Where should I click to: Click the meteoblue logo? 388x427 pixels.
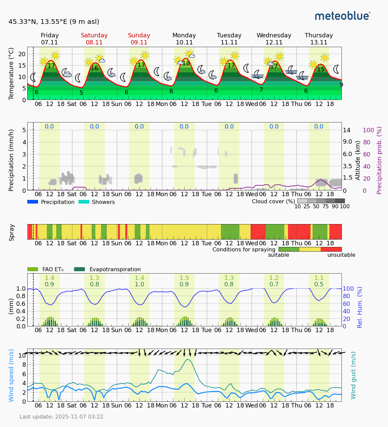[343, 16]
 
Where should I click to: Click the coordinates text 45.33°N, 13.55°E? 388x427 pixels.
[54, 22]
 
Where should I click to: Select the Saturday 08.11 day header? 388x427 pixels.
[94, 39]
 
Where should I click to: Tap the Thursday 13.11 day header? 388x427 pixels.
[319, 39]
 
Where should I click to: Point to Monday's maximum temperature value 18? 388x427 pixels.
[186, 63]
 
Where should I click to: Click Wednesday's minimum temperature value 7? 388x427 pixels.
[261, 90]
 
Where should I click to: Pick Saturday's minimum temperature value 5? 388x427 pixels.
[81, 93]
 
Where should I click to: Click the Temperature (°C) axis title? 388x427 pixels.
[11, 73]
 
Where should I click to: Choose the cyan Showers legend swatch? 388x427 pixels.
[84, 202]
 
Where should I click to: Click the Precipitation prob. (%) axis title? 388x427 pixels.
[380, 160]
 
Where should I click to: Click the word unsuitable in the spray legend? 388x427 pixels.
[341, 255]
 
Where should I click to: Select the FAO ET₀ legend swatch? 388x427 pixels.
[33, 269]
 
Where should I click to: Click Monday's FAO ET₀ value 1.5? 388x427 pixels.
[184, 278]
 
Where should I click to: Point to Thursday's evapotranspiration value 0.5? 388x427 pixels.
[319, 284]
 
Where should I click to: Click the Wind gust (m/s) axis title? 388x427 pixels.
[353, 375]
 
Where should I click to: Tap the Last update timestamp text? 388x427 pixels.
[61, 417]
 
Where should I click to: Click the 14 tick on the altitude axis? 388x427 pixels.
[347, 130]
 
